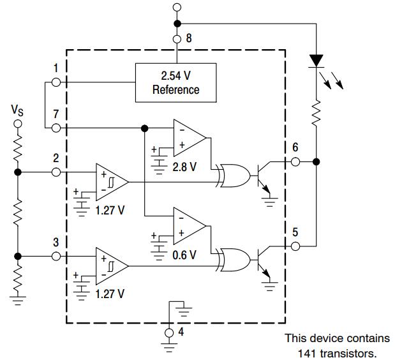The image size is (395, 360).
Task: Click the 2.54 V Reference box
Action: [175, 83]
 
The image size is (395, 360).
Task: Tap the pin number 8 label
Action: [188, 38]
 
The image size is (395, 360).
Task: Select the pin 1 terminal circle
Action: [56, 82]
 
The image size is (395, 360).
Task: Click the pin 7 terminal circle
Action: [56, 128]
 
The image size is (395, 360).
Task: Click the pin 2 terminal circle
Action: [56, 172]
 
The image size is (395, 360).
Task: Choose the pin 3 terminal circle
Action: [56, 255]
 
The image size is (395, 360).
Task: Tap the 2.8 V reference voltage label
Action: [185, 167]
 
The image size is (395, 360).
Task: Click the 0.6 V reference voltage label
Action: [185, 253]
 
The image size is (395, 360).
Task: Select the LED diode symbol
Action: [316, 61]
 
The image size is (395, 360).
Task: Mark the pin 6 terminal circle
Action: [295, 161]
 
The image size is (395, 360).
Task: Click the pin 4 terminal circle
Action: [169, 333]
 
